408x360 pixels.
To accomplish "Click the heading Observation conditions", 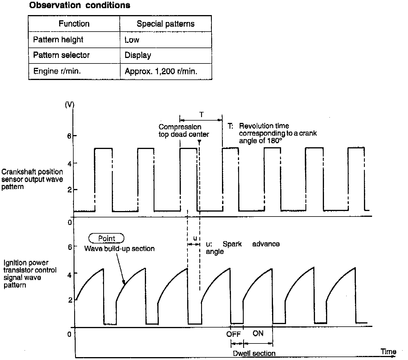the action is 80,5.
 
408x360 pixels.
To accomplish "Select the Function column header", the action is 74,24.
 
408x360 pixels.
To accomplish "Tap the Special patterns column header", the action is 165,24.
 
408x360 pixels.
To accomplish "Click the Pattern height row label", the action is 58,40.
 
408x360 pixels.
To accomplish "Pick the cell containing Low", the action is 132,40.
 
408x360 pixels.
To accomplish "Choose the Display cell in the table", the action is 138,55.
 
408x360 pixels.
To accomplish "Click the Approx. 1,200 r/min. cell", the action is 161,71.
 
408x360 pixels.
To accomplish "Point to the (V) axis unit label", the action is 70,105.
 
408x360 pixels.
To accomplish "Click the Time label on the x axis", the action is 388,352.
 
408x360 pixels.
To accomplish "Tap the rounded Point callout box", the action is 106,238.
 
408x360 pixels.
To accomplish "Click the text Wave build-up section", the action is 119,249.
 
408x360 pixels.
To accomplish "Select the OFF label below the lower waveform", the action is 234,334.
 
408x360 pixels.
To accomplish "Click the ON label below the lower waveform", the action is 258,333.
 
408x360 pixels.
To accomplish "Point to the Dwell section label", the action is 254,353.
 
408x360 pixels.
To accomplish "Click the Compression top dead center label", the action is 184,130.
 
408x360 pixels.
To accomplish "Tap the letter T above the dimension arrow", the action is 201,115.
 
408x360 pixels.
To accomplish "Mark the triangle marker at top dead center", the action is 199,142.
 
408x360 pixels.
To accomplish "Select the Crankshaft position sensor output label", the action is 32,179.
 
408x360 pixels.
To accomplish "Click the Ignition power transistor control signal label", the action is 30,274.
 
